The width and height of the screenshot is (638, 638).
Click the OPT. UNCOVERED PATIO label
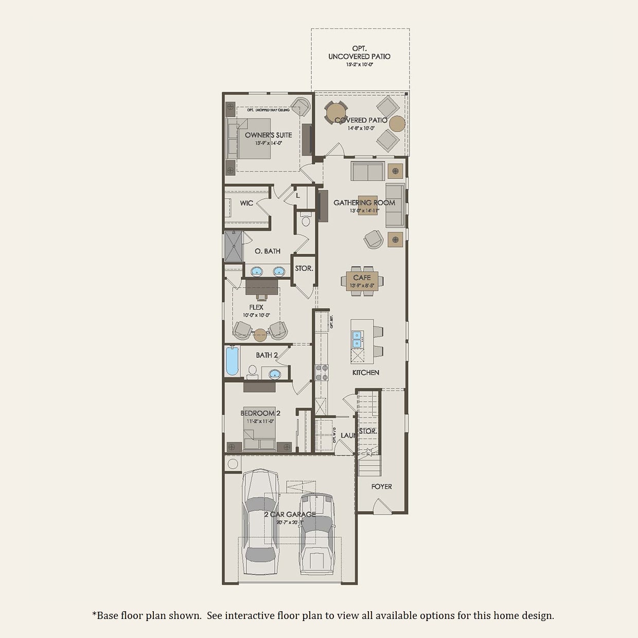pyautogui.click(x=360, y=52)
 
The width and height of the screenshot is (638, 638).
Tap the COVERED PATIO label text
pyautogui.click(x=361, y=120)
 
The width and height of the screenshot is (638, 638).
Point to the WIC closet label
pyautogui.click(x=246, y=203)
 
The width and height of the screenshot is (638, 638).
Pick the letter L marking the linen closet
pyautogui.click(x=298, y=196)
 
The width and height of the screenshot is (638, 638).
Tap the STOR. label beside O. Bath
pyautogui.click(x=304, y=269)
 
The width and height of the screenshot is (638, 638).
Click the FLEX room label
pyautogui.click(x=256, y=307)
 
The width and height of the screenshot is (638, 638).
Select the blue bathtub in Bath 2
pyautogui.click(x=233, y=362)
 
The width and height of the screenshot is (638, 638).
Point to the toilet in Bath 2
pyautogui.click(x=253, y=370)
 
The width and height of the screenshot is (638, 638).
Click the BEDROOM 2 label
pyautogui.click(x=260, y=413)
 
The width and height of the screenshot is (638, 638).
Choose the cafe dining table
pyautogui.click(x=362, y=281)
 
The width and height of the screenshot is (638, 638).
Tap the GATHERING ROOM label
pyautogui.click(x=364, y=203)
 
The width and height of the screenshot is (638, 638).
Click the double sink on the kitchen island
pyautogui.click(x=358, y=339)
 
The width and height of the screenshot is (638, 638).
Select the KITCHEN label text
pyautogui.click(x=366, y=373)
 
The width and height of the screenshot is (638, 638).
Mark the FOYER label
pyautogui.click(x=381, y=486)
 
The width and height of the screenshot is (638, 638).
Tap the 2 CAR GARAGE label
pyautogui.click(x=290, y=515)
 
